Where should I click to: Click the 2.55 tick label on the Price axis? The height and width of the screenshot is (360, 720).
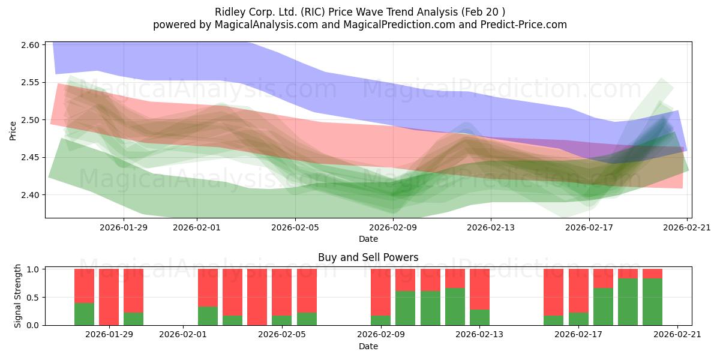30,83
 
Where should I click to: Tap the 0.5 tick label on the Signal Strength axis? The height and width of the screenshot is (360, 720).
33,298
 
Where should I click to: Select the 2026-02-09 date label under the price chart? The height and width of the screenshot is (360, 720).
393,227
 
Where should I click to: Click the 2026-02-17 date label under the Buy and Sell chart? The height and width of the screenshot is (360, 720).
578,335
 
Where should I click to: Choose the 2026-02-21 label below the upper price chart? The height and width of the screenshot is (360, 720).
687,227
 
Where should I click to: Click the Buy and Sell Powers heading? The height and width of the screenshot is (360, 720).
368,257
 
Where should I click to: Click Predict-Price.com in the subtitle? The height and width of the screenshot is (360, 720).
524,25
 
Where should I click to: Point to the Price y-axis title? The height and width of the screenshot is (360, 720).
13,131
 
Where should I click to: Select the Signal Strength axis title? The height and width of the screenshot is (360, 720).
17,296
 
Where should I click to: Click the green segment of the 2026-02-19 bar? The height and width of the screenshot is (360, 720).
628,302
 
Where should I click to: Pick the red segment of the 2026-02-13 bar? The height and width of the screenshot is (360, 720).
479,289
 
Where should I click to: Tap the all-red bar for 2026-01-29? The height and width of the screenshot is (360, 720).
109,297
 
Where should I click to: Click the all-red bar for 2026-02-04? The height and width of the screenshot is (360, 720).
257,297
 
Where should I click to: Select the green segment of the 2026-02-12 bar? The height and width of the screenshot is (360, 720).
455,307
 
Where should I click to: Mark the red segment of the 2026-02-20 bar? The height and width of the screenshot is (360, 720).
653,274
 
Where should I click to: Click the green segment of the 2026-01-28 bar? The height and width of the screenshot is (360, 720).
84,314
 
